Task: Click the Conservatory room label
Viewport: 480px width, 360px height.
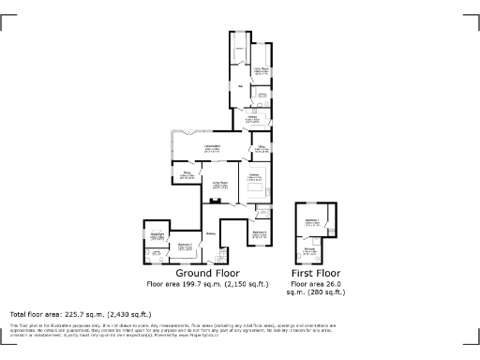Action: click(212, 147)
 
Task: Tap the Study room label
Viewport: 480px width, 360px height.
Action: click(187, 173)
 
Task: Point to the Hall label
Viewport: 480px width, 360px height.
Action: click(240, 87)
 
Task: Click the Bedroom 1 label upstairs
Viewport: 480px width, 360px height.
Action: click(313, 220)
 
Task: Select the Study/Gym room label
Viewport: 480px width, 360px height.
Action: click(157, 234)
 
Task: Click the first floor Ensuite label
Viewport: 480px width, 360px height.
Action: click(310, 249)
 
